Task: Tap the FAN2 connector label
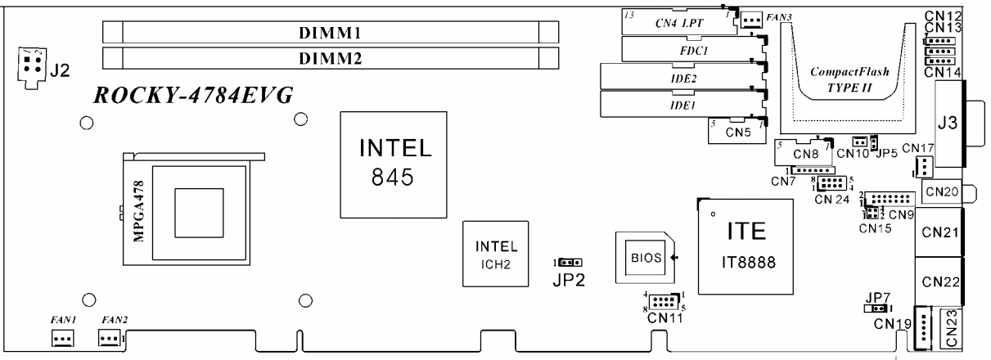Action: [110, 317]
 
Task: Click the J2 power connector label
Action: [60, 71]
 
